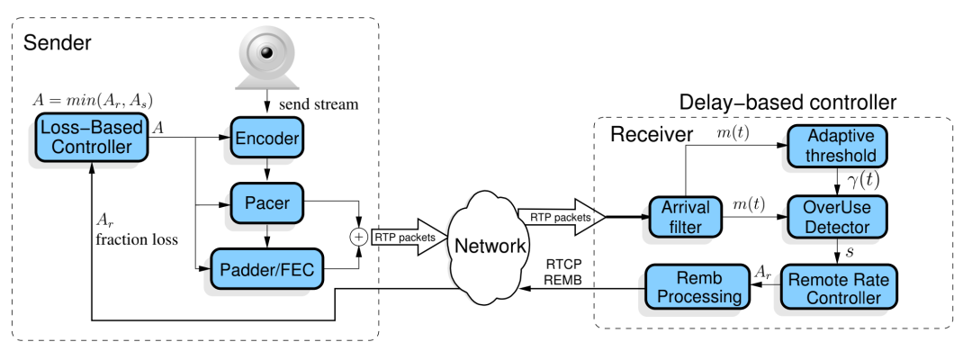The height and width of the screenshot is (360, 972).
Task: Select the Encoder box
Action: pyautogui.click(x=266, y=139)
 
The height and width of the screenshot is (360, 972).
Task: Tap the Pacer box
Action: pyautogui.click(x=267, y=203)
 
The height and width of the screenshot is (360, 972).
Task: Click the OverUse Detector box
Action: pyautogui.click(x=837, y=217)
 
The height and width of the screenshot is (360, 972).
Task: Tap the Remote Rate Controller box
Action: pyautogui.click(x=839, y=287)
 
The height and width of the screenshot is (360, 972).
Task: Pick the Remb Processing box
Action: pyautogui.click(x=693, y=287)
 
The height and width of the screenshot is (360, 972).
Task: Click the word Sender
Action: pyautogui.click(x=58, y=42)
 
